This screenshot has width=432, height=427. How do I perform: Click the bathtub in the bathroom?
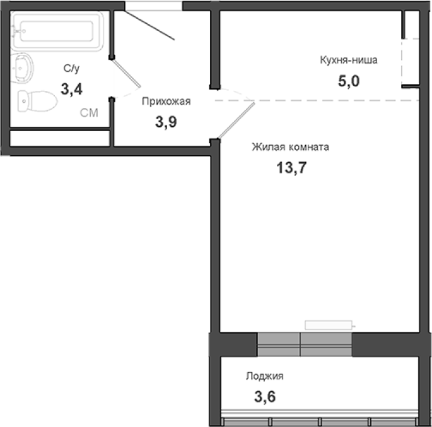[57, 31]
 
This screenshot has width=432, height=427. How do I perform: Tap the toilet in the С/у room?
[37, 101]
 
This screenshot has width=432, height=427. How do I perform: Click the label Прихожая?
[166, 102]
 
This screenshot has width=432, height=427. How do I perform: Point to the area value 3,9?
[166, 122]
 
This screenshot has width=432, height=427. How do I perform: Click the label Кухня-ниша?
[349, 60]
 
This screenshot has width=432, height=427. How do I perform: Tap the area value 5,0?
[349, 81]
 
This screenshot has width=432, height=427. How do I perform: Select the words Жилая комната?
[290, 147]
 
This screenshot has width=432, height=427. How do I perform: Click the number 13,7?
[291, 168]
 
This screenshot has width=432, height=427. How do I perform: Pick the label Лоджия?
[264, 376]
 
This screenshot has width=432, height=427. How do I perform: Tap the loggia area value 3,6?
[265, 397]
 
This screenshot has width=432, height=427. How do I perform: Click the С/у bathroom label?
[71, 68]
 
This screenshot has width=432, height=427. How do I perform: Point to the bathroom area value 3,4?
[71, 90]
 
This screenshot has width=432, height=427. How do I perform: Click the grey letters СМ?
[89, 113]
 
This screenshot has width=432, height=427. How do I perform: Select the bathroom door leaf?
[126, 73]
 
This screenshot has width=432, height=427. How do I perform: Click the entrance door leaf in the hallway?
[148, 25]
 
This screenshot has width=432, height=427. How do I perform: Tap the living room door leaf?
[236, 120]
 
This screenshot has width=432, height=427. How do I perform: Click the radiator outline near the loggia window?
[329, 325]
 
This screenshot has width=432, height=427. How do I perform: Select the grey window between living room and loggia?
[305, 344]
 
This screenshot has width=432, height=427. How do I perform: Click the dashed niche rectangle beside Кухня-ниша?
[410, 61]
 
